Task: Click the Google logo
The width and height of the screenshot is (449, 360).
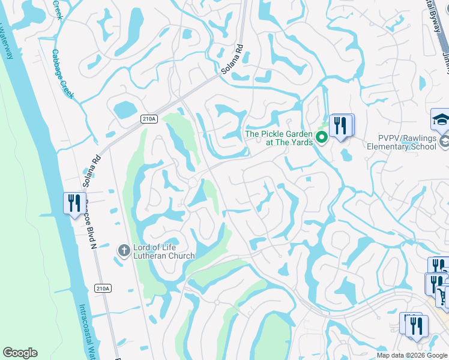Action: pos(20,353)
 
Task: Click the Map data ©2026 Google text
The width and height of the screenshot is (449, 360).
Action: pos(412,355)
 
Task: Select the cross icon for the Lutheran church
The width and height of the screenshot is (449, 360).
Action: pos(124,250)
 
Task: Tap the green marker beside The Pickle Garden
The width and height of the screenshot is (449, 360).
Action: pos(322,138)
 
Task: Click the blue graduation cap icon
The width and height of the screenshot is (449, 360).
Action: pos(441,119)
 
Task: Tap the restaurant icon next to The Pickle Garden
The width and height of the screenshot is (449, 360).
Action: pos(340,125)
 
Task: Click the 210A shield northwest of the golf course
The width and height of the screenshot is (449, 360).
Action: pos(149,119)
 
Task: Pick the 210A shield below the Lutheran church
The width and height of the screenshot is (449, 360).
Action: pos(103,289)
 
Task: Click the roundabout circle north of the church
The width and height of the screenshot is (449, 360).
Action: pos(193,182)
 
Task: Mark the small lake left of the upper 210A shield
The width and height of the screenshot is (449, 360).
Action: pos(124,110)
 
